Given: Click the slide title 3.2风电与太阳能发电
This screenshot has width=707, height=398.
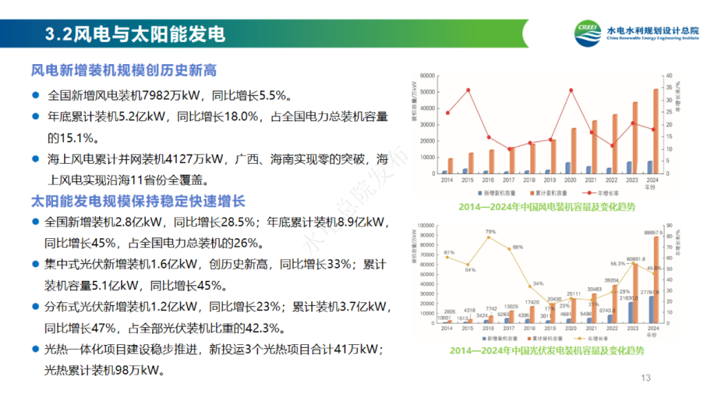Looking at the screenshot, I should tap(136, 34).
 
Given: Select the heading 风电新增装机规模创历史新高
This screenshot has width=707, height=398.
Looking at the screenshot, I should tap(124, 70).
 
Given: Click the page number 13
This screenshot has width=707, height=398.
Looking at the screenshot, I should tap(645, 377).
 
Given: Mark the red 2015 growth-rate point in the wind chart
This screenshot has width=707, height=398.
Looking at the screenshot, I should tap(468, 90).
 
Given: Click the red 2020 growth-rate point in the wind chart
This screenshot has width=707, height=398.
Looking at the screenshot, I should tap(571, 90).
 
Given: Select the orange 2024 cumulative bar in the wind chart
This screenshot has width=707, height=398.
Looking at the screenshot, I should tap(656, 132).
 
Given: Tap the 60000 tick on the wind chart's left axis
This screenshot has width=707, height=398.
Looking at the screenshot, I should tap(428, 76).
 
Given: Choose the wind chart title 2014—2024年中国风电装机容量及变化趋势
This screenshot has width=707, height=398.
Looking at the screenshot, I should tap(547, 207).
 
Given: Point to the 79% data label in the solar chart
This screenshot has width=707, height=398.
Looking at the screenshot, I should tap(490, 232).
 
